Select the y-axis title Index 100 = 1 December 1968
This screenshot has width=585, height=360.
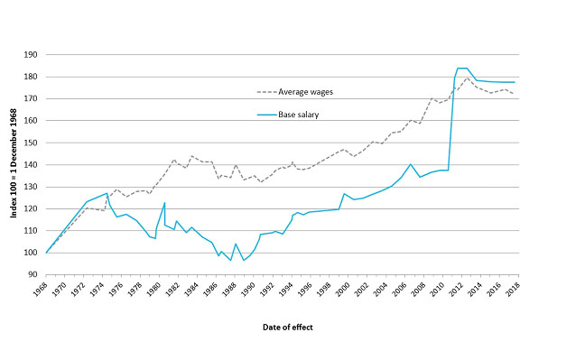pos(11,162)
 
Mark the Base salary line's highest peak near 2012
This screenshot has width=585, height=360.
pos(460,69)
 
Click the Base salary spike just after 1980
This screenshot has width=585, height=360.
pos(164,202)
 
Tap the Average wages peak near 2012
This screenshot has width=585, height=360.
pos(468,78)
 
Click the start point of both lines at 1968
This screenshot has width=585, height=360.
pos(46,253)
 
